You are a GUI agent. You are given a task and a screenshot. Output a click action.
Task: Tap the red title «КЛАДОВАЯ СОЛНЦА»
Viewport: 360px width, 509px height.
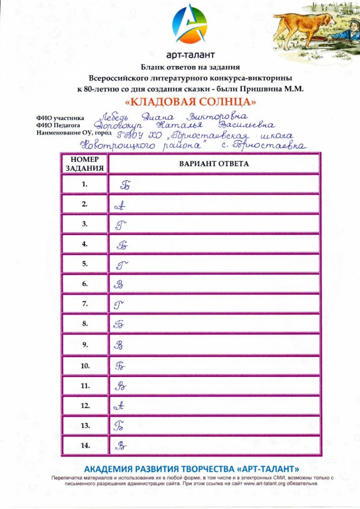tap(191, 102)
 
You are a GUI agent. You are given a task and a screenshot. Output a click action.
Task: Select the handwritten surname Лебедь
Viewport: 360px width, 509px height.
tap(114, 117)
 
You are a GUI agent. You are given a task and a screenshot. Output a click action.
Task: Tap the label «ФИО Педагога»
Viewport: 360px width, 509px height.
tap(58, 125)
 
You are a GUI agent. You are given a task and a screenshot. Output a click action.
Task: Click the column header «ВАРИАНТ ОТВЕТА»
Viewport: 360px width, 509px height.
tap(214, 164)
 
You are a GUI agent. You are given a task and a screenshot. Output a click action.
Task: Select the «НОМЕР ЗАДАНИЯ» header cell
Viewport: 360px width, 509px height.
tap(84, 164)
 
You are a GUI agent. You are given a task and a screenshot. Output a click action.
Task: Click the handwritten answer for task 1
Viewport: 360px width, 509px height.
tap(125, 185)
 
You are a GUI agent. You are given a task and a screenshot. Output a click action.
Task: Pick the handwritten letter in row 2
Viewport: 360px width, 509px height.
tap(120, 206)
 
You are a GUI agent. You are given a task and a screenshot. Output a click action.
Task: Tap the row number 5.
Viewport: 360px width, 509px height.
tap(84, 264)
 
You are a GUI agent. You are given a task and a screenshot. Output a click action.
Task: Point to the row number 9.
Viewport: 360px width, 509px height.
tap(84, 345)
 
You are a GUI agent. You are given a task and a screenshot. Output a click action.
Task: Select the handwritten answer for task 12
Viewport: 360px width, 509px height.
tap(119, 406)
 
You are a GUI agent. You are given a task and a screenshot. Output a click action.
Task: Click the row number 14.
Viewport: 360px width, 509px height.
tap(85, 445)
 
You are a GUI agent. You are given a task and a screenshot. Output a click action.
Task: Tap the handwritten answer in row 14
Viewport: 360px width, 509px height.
tap(121, 446)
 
